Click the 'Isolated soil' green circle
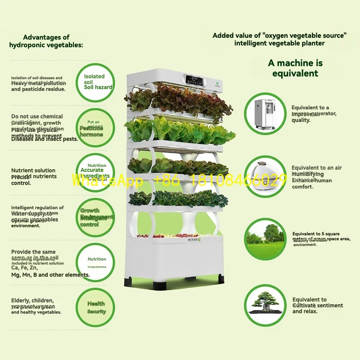(x=94, y=82)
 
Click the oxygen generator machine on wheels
(x=265, y=112)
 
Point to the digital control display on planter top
(x=193, y=82)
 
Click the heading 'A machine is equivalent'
(x=295, y=68)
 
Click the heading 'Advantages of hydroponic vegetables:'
(x=46, y=41)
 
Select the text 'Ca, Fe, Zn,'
(x=25, y=267)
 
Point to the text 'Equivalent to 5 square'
(x=315, y=234)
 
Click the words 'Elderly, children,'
(x=32, y=301)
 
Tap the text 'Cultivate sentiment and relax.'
(x=317, y=308)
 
